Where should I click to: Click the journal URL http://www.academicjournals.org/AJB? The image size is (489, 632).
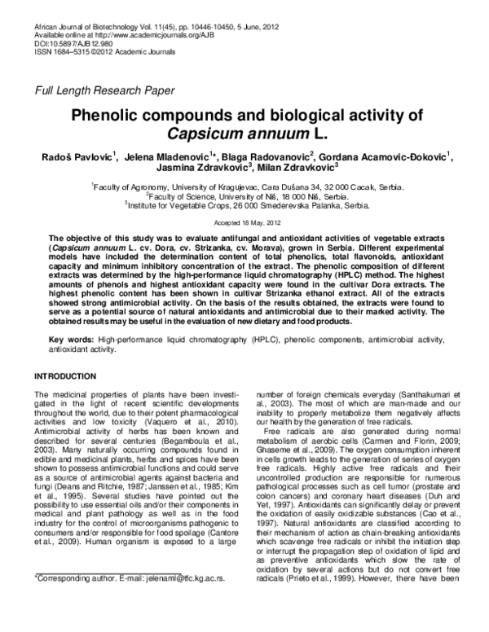(148, 35)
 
